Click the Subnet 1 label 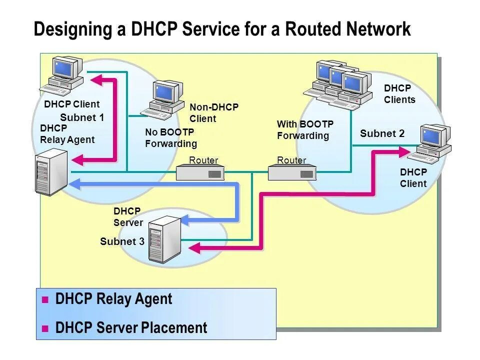(82, 118)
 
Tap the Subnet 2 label (382, 133)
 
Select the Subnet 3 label (122, 242)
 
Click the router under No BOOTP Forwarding (200, 173)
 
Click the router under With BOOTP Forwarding (292, 173)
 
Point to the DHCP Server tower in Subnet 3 (164, 239)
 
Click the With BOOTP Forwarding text (305, 130)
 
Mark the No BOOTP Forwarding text (170, 138)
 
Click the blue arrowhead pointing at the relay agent (74, 184)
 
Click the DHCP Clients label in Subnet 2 (399, 94)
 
